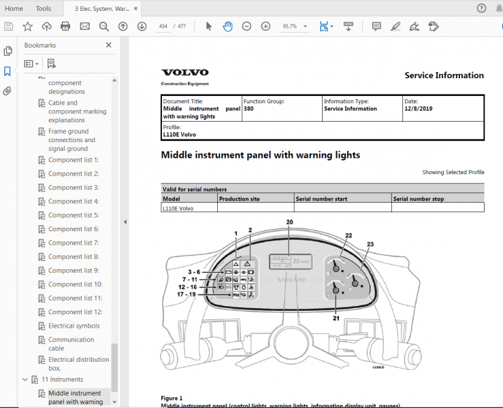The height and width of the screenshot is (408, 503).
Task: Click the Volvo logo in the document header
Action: (180, 72)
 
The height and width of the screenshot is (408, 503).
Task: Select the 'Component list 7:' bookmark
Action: (74, 243)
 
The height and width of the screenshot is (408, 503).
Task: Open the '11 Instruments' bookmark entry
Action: (62, 379)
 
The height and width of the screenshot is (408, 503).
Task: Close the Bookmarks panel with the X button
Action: (108, 45)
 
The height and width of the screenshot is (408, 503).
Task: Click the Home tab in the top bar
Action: (14, 9)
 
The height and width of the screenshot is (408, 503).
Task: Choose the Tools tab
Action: (43, 9)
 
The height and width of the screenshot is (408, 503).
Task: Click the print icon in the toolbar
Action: (65, 27)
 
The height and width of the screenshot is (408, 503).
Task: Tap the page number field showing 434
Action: (163, 27)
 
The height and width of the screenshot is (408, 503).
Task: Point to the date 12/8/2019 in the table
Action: (418, 109)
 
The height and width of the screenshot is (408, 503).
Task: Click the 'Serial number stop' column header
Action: (419, 199)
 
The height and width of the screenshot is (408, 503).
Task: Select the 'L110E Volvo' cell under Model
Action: (178, 208)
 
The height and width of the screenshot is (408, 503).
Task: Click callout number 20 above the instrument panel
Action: (289, 222)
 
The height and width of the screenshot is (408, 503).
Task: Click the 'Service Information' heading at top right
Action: (444, 75)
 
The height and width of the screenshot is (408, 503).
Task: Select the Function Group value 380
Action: (248, 109)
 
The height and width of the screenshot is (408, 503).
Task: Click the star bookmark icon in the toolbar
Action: (27, 27)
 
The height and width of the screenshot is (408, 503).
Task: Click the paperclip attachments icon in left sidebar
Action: (7, 90)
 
